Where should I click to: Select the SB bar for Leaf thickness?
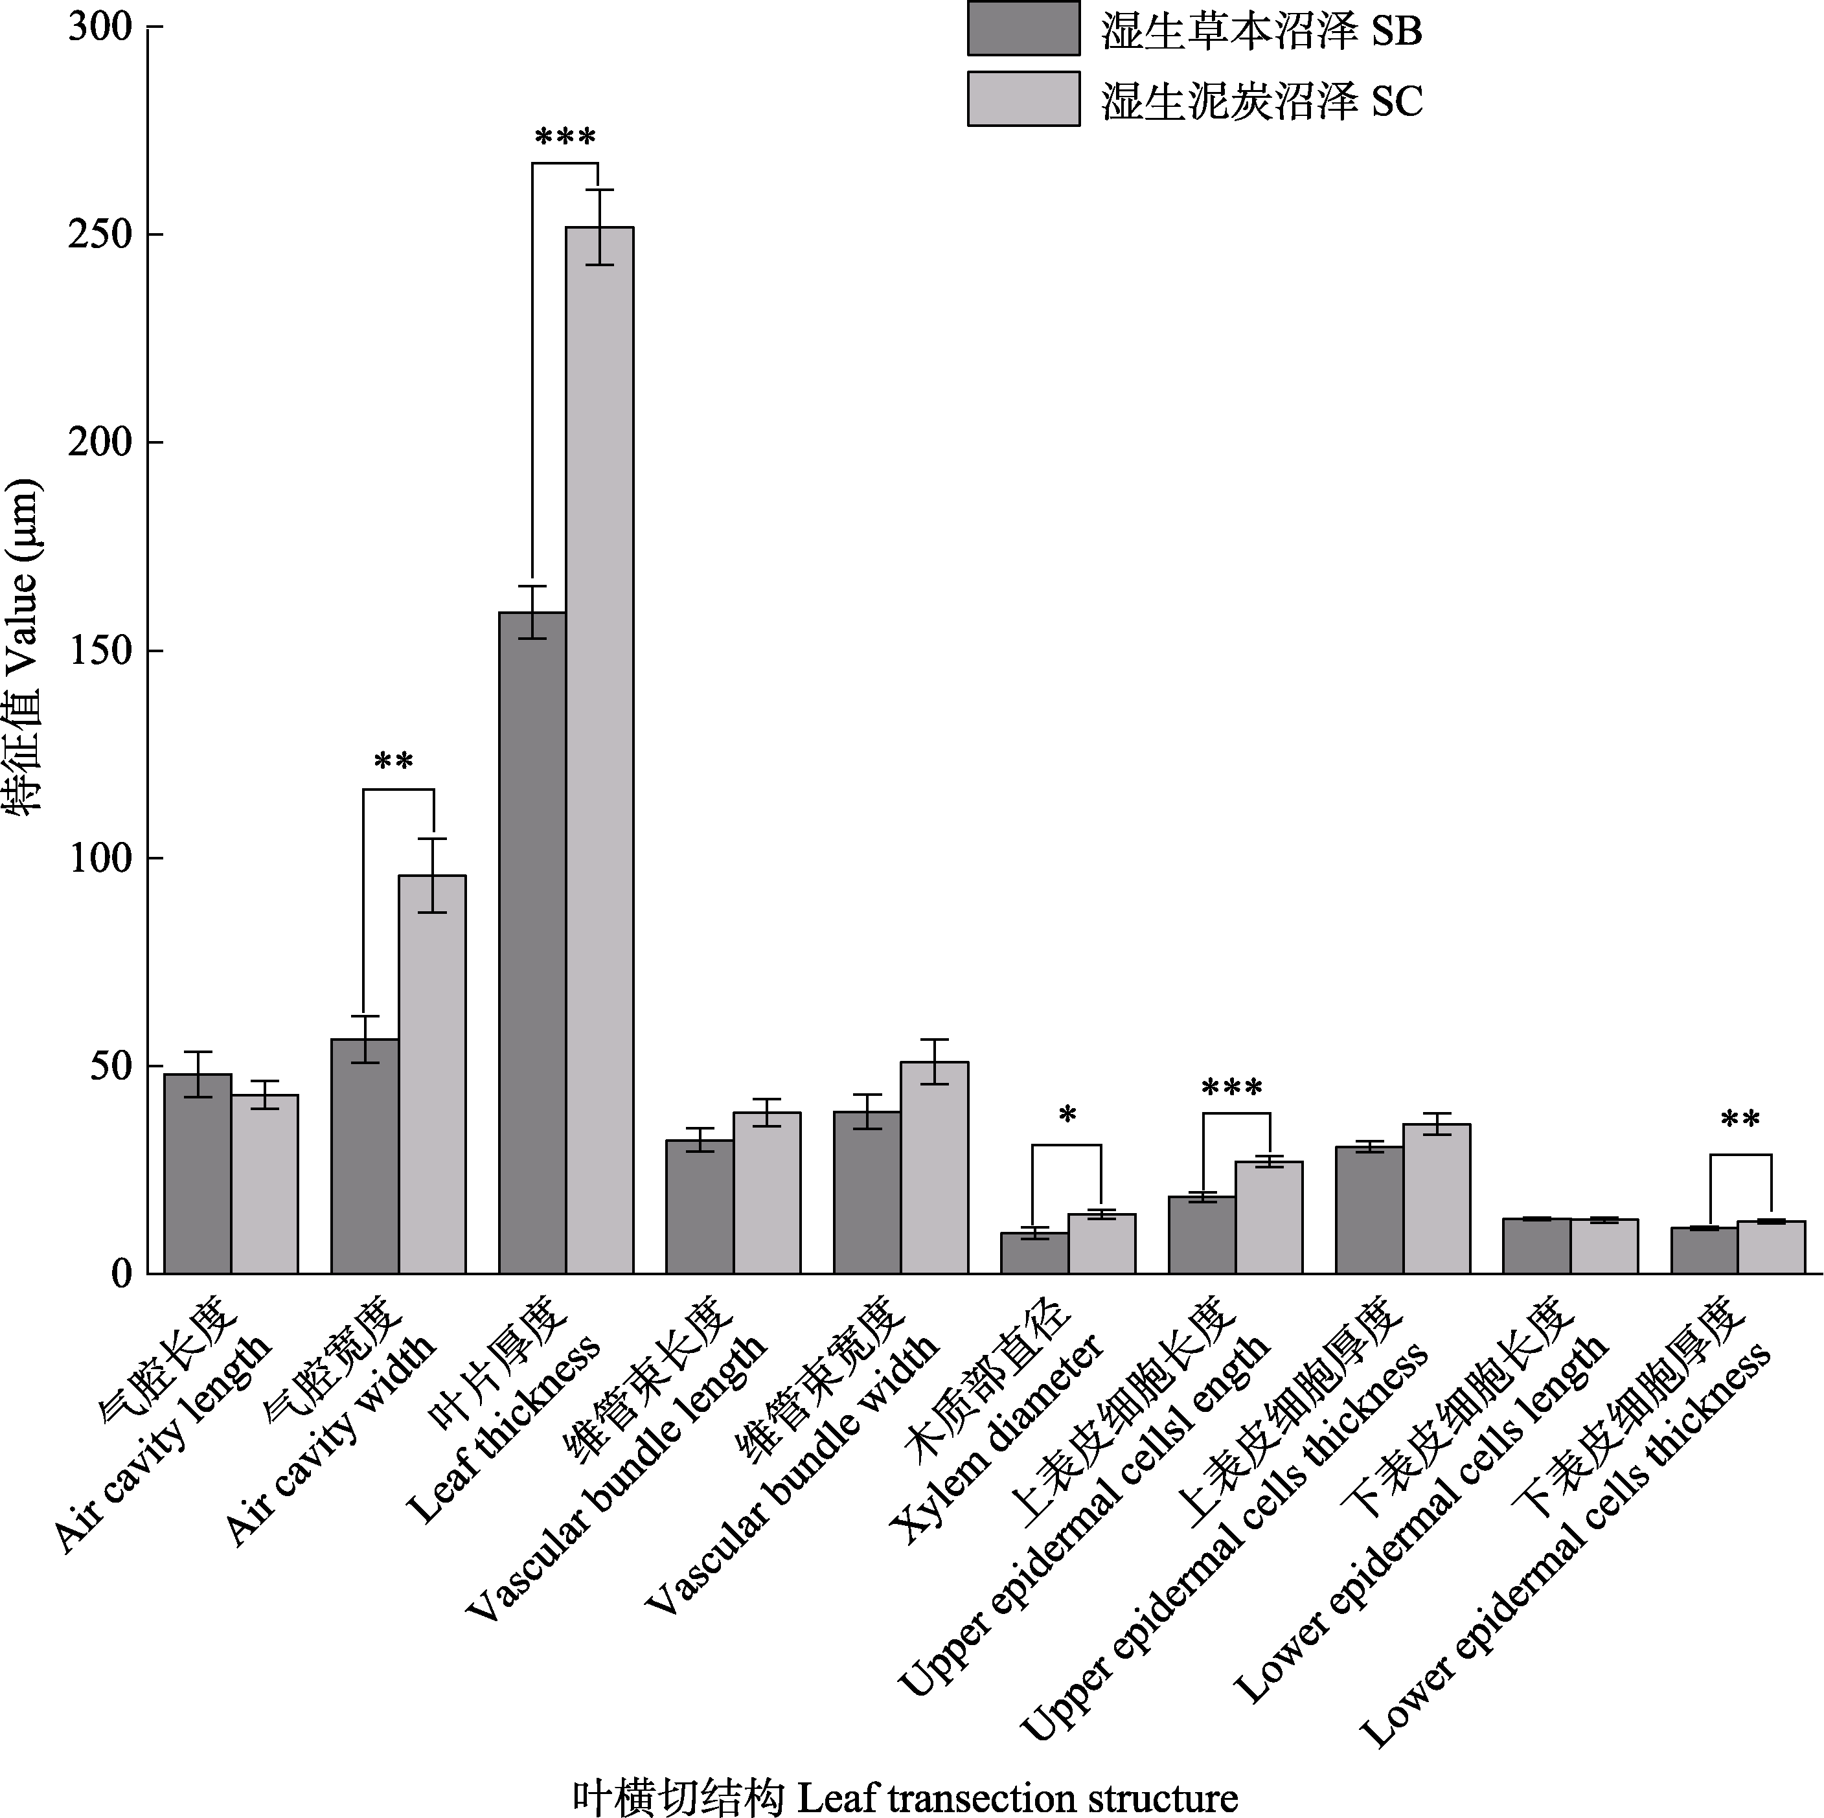tap(532, 943)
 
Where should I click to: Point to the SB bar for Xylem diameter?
tap(1034, 1253)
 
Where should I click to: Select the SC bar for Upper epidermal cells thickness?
tap(1436, 1199)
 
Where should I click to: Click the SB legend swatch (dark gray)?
tap(1023, 28)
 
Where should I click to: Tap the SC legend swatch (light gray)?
tap(1023, 99)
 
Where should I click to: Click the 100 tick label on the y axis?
tap(98, 858)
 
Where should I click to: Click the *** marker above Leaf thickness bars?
tap(565, 139)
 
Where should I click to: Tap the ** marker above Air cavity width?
tap(394, 762)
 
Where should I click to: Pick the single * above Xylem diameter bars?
tap(1067, 1117)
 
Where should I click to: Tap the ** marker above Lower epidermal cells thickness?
tap(1740, 1120)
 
